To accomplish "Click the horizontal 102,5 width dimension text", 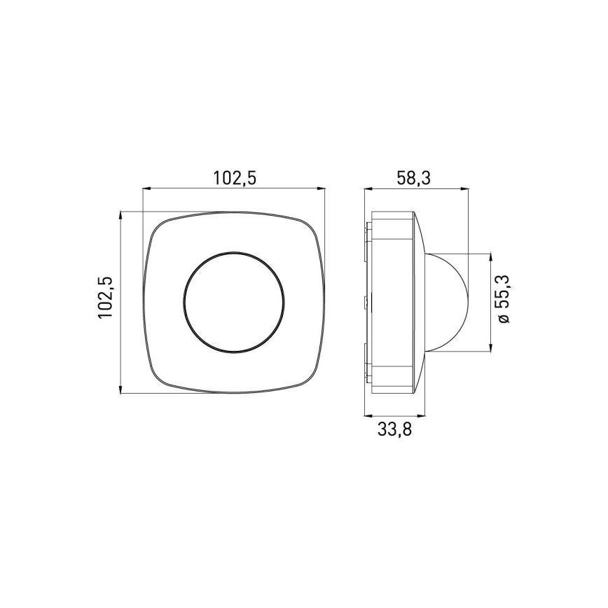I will click(234, 178).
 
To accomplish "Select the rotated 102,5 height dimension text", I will click(106, 298).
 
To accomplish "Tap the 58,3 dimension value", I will click(413, 178).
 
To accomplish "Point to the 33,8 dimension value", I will click(394, 429).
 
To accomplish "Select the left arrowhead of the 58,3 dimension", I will click(368, 188).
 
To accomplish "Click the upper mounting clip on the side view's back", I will click(367, 232).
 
